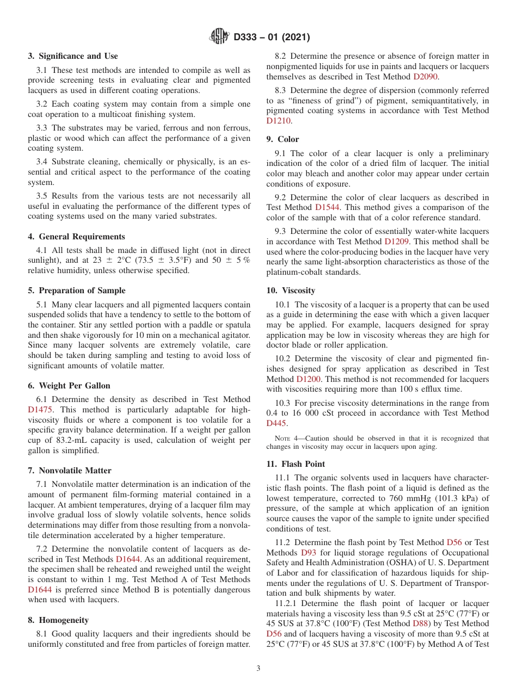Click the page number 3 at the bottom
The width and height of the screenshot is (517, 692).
[258, 669]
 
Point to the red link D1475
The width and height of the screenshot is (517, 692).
[40, 410]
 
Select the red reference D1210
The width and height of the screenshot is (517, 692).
[279, 121]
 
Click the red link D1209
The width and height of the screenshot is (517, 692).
[396, 241]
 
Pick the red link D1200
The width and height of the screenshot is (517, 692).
[308, 379]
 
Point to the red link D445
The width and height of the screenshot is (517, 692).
[276, 423]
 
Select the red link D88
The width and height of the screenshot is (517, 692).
[420, 623]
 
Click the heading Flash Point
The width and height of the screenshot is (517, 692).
[303, 464]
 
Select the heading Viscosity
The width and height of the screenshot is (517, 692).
[298, 291]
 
